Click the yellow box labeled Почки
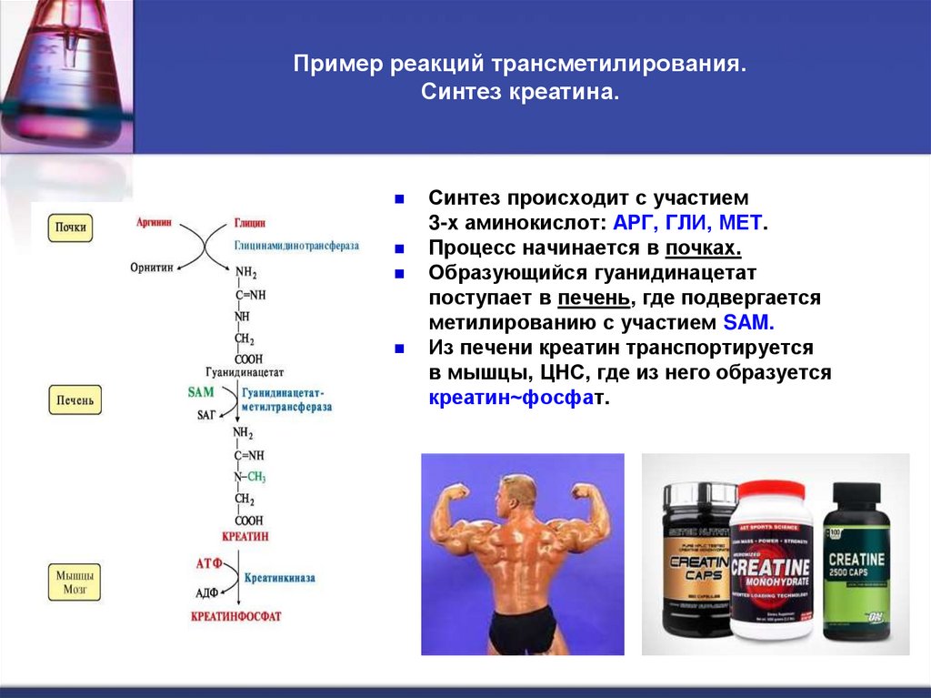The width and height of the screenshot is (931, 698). [x=70, y=227]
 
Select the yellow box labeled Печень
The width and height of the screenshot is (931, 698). [x=75, y=400]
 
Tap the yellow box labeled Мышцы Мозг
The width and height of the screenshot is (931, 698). [x=75, y=582]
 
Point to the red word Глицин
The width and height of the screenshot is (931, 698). [x=249, y=221]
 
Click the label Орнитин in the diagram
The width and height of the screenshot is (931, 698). [x=150, y=267]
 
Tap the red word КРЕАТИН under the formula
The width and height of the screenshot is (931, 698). [x=245, y=537]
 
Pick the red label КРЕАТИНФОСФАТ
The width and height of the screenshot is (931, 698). [x=236, y=616]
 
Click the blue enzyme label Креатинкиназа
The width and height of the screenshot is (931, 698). [x=278, y=578]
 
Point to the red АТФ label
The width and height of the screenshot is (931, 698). [x=209, y=564]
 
